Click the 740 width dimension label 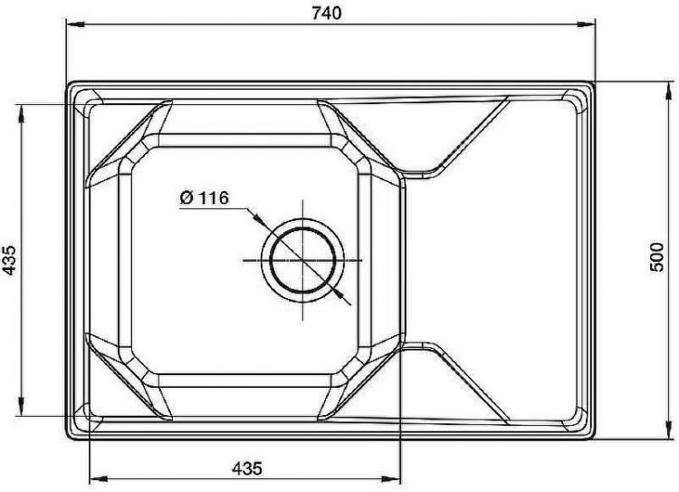(x=327, y=13)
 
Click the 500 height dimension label (x=657, y=257)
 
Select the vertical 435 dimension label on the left (x=9, y=260)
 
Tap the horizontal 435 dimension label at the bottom (x=247, y=468)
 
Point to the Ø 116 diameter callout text (x=204, y=198)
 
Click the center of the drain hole (x=302, y=260)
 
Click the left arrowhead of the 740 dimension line (x=75, y=25)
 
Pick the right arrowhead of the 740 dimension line (x=586, y=25)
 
